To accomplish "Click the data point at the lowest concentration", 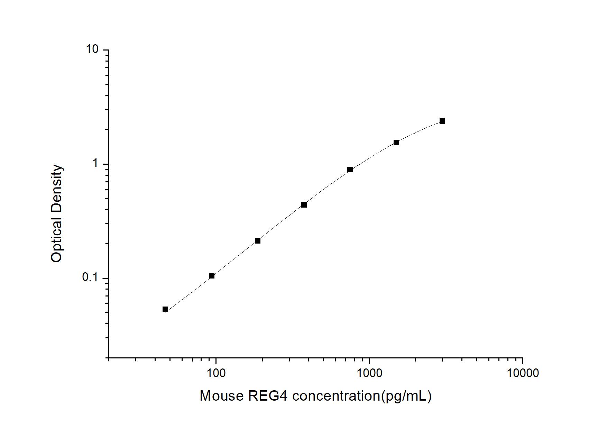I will coord(165,309).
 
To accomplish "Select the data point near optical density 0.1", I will coord(212,276).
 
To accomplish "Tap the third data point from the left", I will coord(258,241).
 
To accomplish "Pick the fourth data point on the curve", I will coord(304,205).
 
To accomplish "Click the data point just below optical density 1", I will coord(350,170).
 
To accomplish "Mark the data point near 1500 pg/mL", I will coord(396,143).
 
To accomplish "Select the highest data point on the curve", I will coord(442,121).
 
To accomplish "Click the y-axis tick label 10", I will coord(92,50).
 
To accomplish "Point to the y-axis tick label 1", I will coord(95,164).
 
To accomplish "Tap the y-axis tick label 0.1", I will coord(90,277).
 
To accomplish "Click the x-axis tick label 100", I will coord(216,373).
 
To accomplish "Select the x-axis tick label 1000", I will coord(369,373).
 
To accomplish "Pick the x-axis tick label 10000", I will coord(523,373).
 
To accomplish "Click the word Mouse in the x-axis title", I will coord(222,396).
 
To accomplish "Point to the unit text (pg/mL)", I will coord(406,396).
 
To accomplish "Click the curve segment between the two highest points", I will coord(420,131).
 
